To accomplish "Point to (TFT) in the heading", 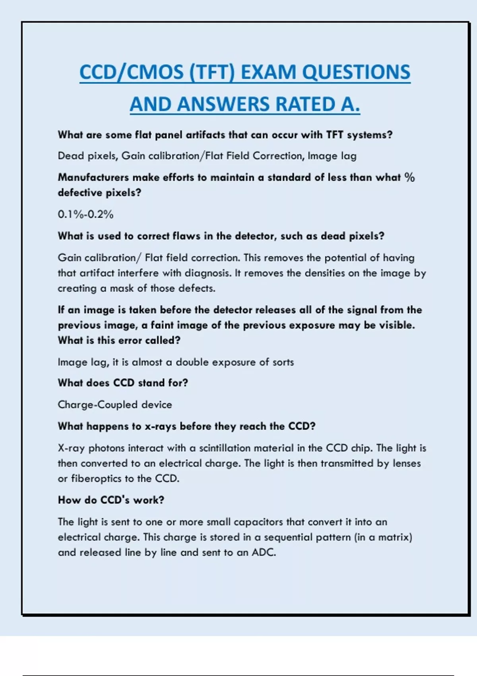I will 212,72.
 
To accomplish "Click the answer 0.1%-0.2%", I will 85,214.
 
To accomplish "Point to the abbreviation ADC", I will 264,552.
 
